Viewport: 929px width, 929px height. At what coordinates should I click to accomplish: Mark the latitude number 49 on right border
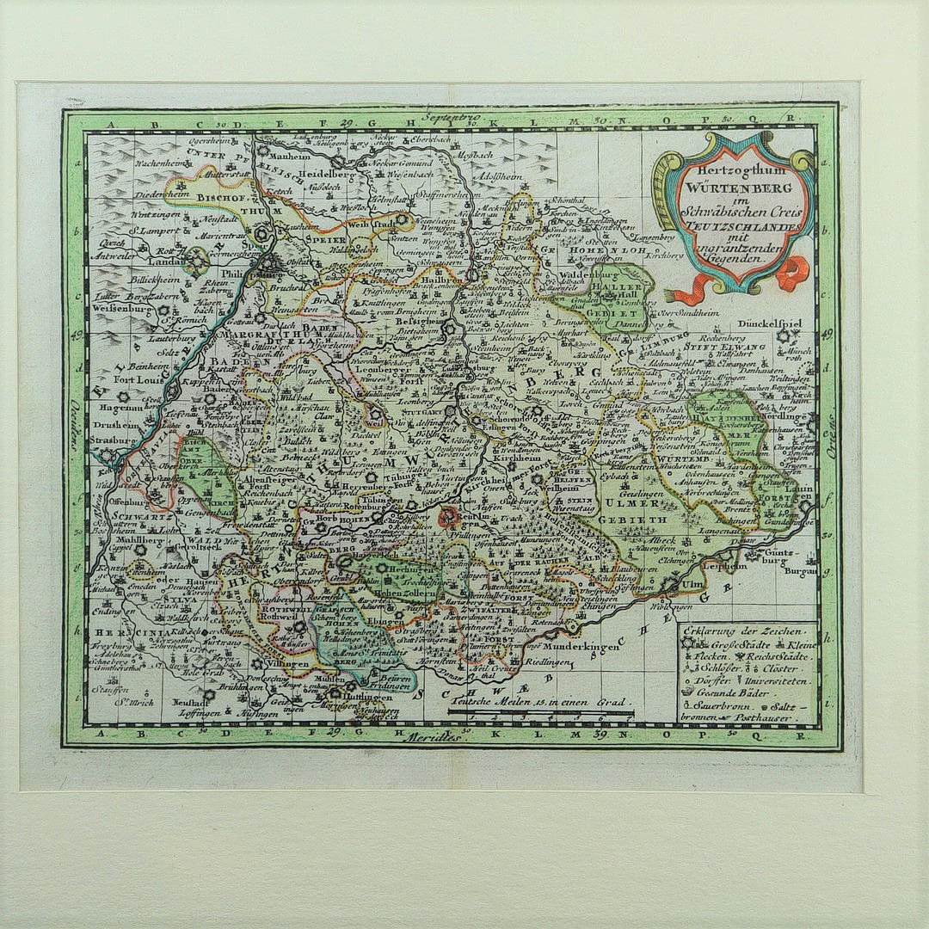point(827,335)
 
